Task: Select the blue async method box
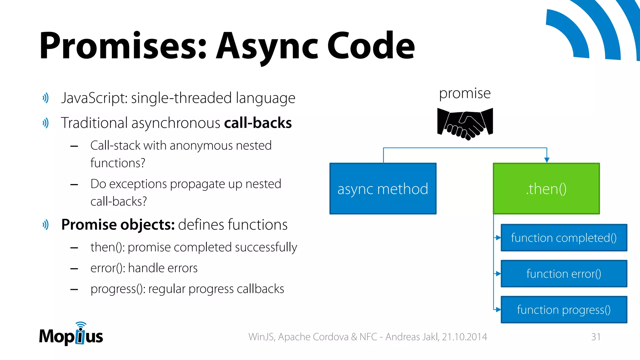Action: pos(383,188)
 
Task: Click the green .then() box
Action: pos(546,188)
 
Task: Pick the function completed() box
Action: pos(564,238)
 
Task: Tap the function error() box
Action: pos(564,274)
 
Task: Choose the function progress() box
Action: pos(564,310)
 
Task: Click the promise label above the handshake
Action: pos(465,93)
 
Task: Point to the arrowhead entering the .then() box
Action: pos(547,160)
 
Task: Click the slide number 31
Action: pos(596,337)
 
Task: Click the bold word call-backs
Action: pos(258,123)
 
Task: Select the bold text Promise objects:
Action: pos(118,225)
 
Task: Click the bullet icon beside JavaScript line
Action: pos(46,98)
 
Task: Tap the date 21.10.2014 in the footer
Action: pos(464,337)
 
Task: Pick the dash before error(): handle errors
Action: pos(74,268)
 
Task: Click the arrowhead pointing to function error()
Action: pos(498,274)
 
